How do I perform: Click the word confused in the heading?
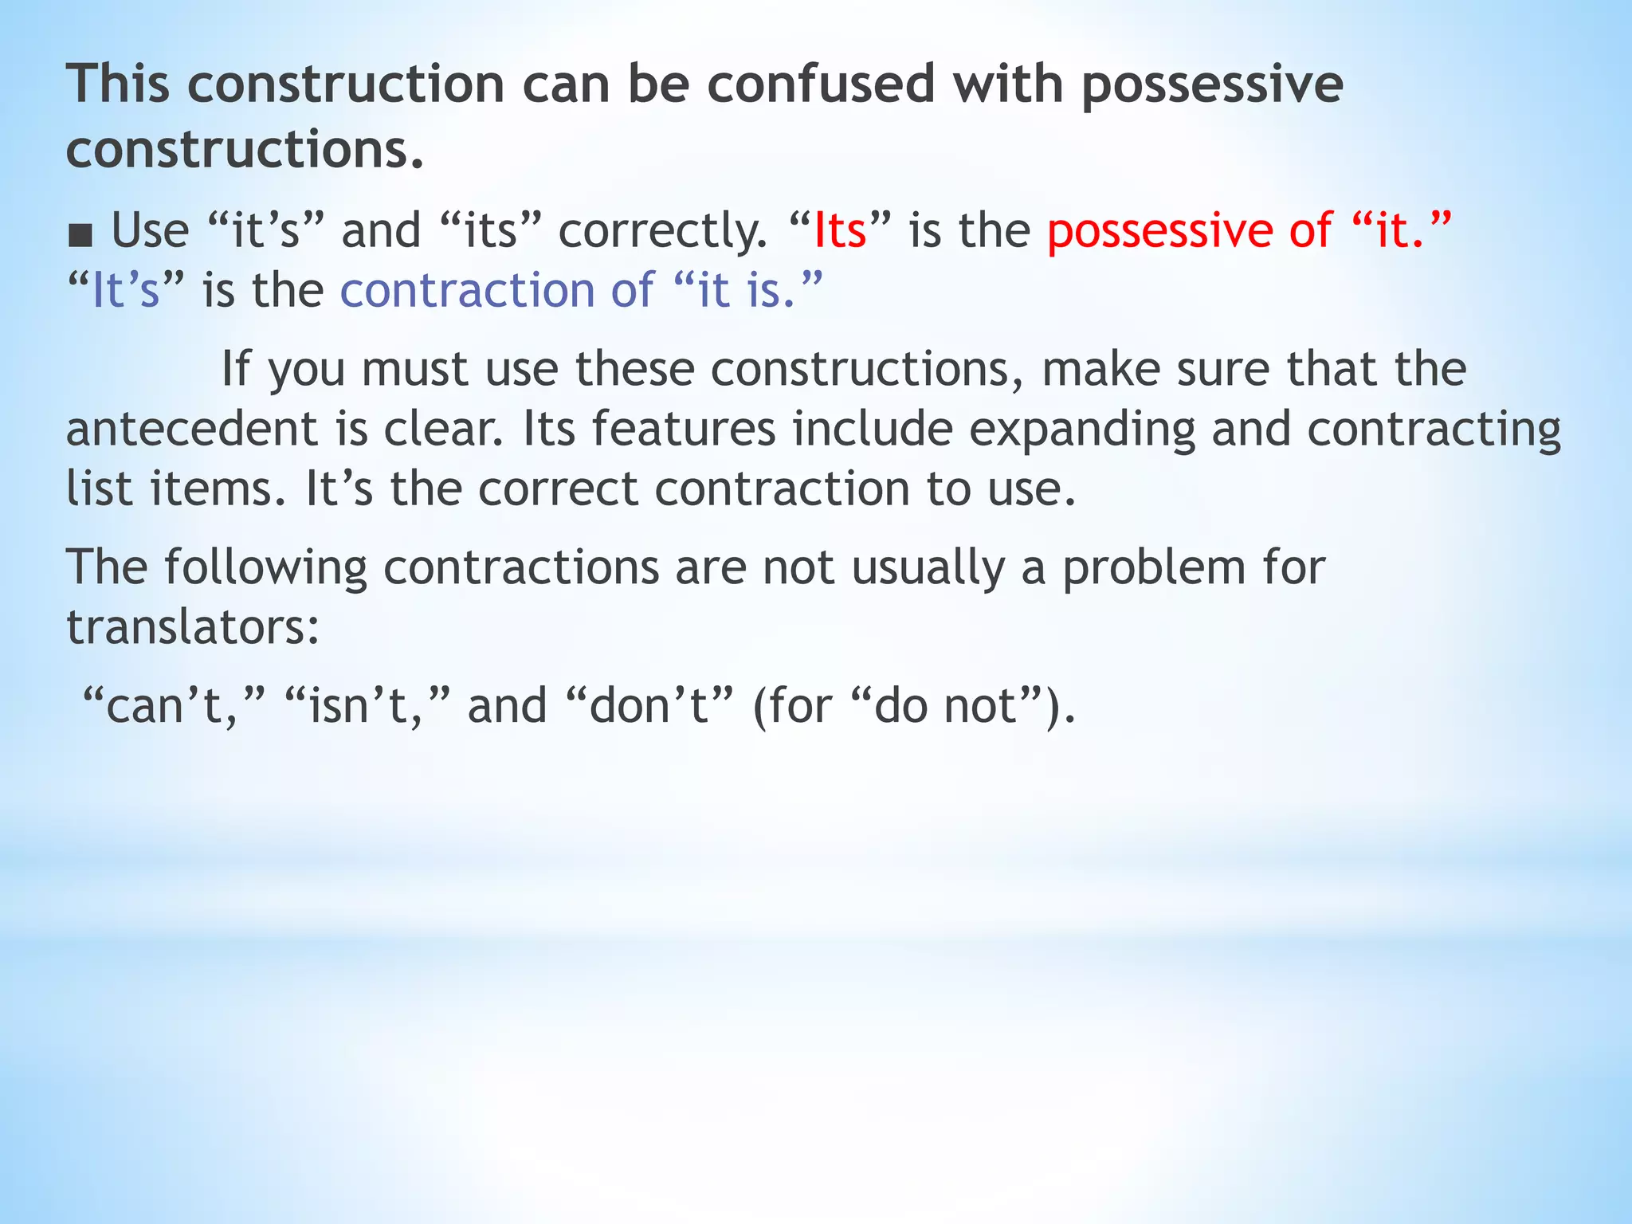click(820, 84)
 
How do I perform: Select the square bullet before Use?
click(80, 235)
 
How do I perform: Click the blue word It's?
click(126, 290)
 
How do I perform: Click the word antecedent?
click(191, 430)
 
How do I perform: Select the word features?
click(683, 430)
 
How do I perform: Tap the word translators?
click(192, 627)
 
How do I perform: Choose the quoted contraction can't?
click(173, 706)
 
